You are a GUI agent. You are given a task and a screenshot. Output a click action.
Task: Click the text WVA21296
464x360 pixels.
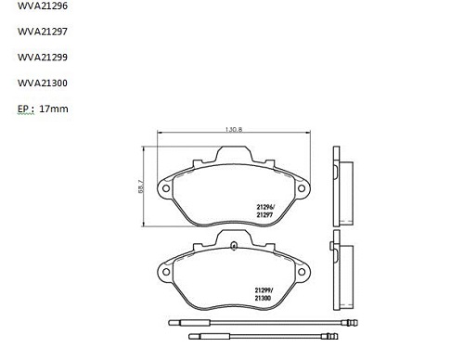(43, 6)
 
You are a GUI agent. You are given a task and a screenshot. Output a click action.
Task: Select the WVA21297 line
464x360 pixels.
(43, 32)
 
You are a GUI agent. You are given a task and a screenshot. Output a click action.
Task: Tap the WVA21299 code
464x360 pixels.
(43, 58)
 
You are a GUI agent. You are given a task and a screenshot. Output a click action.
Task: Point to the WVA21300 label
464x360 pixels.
(43, 83)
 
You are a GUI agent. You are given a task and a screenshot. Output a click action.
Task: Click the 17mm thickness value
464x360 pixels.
(54, 109)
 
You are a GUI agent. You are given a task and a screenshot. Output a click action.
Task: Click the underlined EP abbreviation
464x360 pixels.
(23, 109)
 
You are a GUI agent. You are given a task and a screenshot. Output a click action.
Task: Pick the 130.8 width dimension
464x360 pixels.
(234, 129)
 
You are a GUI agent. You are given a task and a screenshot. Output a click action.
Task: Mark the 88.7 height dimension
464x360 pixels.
(141, 186)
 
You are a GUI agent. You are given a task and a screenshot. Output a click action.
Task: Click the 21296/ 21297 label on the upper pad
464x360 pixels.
(265, 211)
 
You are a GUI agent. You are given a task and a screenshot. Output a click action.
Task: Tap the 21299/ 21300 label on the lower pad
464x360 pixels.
(264, 294)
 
